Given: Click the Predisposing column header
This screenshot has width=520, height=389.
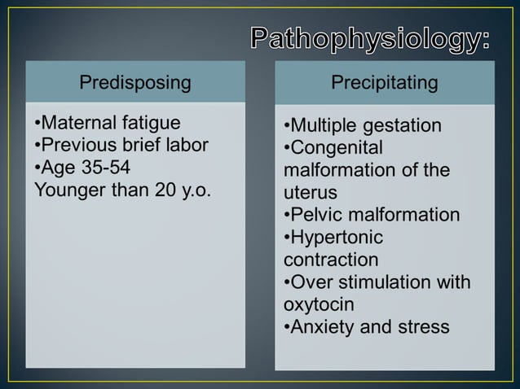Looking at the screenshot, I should click(x=135, y=82).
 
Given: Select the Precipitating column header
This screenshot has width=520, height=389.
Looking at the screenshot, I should click(x=384, y=82).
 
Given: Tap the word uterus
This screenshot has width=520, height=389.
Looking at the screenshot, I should click(x=311, y=194).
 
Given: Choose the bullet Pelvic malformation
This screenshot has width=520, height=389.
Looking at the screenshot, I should click(x=371, y=216).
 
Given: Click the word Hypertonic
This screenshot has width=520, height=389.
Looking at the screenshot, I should click(x=337, y=238).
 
